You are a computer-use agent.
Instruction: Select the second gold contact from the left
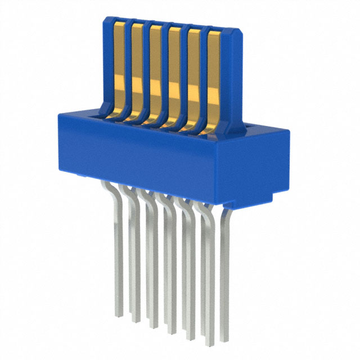click(136, 65)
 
